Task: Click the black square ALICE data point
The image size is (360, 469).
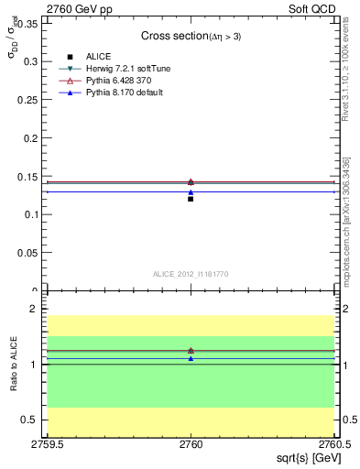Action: [191, 199]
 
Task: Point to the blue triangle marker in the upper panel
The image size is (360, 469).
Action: [191, 192]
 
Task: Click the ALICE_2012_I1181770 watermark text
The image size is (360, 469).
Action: [191, 274]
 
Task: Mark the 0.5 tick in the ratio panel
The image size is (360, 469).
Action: [33, 420]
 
